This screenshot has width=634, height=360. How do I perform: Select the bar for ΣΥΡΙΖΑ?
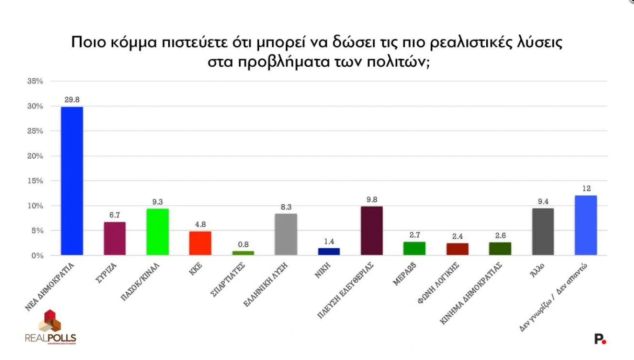[114, 239]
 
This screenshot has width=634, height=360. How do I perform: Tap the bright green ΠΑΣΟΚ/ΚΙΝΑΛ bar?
[157, 232]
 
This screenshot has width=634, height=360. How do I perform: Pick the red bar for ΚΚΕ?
[200, 243]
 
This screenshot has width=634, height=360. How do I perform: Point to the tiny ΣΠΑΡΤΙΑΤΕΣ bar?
[243, 253]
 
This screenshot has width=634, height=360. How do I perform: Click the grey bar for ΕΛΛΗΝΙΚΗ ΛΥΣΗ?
[286, 235]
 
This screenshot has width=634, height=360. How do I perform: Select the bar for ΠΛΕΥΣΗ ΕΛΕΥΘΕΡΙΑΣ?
[372, 231]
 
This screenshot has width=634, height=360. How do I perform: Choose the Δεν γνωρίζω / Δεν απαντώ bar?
[586, 225]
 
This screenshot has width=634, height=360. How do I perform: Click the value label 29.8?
[72, 99]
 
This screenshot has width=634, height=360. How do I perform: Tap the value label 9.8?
[372, 199]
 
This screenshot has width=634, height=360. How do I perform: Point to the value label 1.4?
[329, 241]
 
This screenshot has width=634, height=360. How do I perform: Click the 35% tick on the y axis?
[35, 81]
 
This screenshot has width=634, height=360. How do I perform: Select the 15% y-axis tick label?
[35, 181]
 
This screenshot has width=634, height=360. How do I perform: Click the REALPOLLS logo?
[50, 327]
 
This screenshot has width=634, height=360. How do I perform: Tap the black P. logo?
[600, 339]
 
